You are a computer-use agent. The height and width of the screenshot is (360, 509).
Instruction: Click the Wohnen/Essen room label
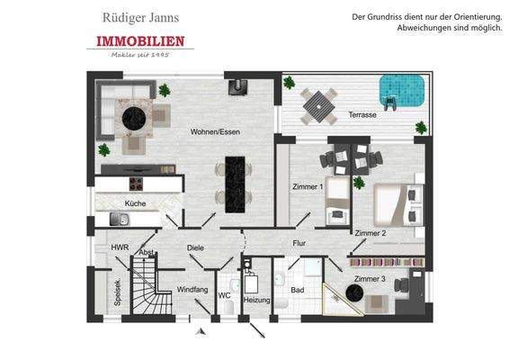click(x=210, y=132)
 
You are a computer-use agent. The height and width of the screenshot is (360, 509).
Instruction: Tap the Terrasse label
click(x=363, y=116)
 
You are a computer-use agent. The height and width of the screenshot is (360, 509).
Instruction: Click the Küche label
click(x=135, y=204)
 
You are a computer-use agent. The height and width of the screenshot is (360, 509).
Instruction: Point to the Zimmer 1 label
click(x=307, y=186)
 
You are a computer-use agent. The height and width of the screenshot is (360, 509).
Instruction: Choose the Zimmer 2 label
click(x=370, y=233)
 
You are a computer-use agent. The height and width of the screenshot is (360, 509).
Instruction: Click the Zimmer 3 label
click(x=369, y=279)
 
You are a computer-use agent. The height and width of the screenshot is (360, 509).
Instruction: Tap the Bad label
click(x=298, y=290)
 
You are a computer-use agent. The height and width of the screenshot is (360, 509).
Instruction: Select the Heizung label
click(x=257, y=299)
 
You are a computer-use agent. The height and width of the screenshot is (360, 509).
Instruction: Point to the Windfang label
click(x=193, y=289)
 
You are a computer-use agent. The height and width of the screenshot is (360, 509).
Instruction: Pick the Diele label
click(x=196, y=247)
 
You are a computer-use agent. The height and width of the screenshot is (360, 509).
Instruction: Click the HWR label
click(x=120, y=247)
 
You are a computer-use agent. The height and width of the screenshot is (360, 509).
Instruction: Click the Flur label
click(x=299, y=243)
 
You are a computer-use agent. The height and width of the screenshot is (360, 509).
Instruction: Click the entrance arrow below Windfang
click(x=201, y=332)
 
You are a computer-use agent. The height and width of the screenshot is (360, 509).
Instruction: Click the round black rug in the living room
click(x=136, y=115)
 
